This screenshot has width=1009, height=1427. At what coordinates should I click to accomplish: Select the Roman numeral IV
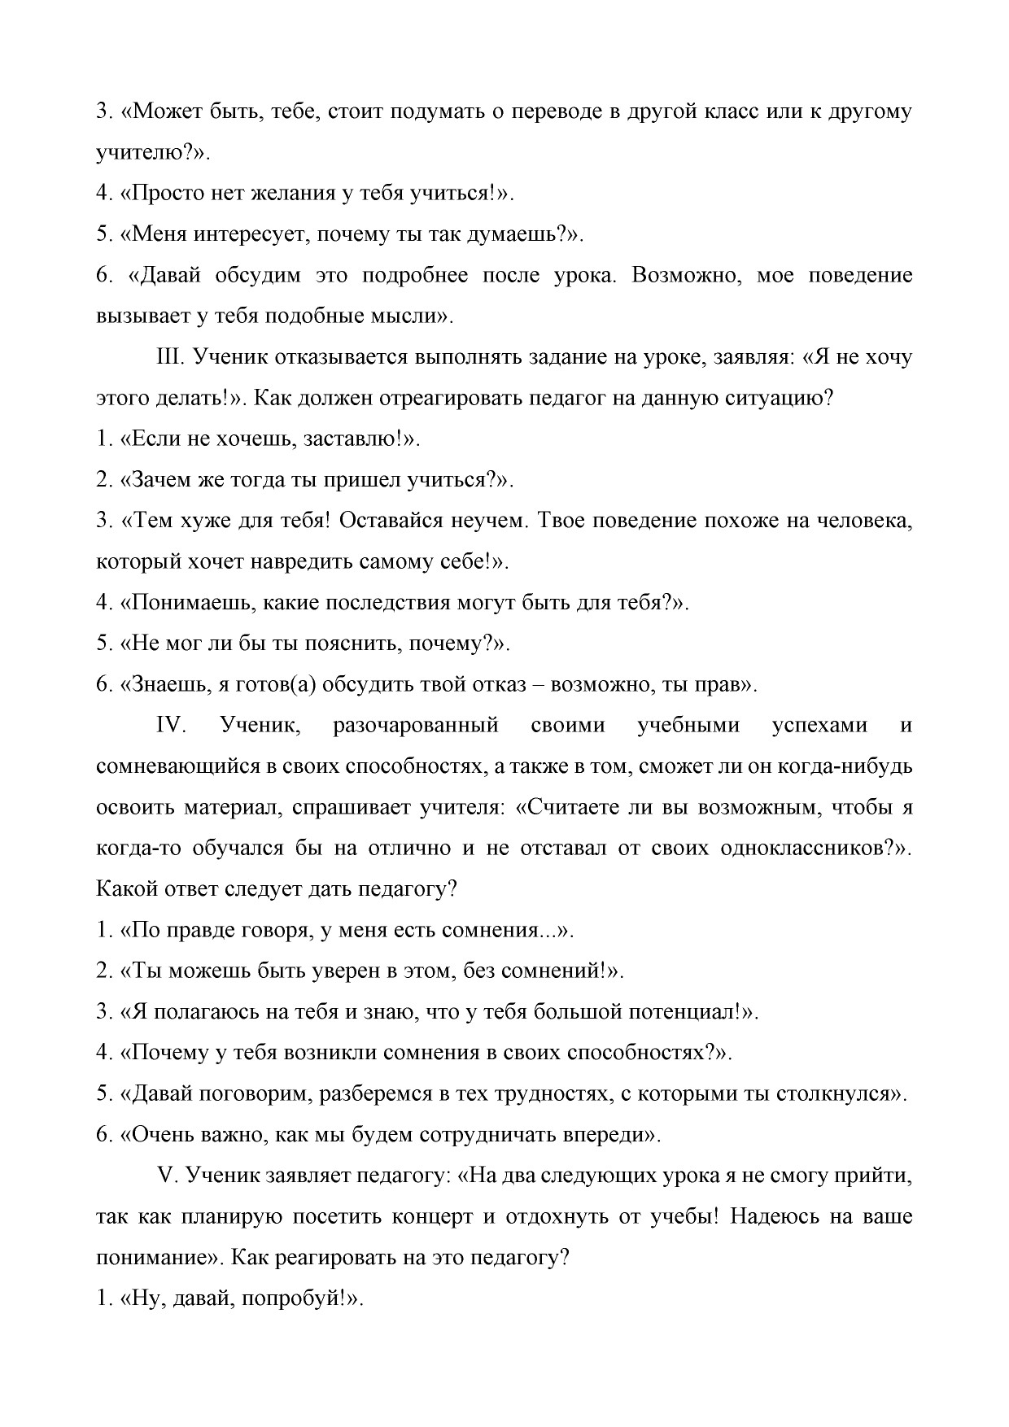[171, 725]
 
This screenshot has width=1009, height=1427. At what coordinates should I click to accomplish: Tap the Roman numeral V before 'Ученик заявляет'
[165, 1176]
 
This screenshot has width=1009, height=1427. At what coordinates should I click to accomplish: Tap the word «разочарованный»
[415, 725]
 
